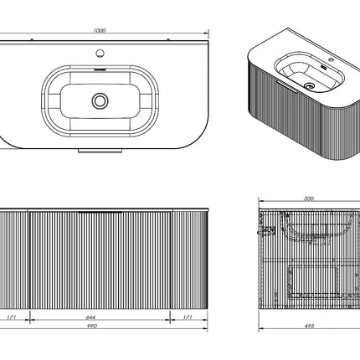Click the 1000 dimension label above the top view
click(x=100, y=30)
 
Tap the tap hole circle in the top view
click(x=100, y=53)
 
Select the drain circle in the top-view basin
click(x=100, y=100)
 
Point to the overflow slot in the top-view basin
click(x=100, y=69)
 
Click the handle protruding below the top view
click(x=100, y=151)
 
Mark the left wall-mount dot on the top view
click(x=32, y=39)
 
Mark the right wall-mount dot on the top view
click(x=168, y=39)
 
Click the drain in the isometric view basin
click(x=309, y=85)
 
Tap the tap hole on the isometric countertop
click(x=332, y=59)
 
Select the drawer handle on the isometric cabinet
click(x=285, y=86)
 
